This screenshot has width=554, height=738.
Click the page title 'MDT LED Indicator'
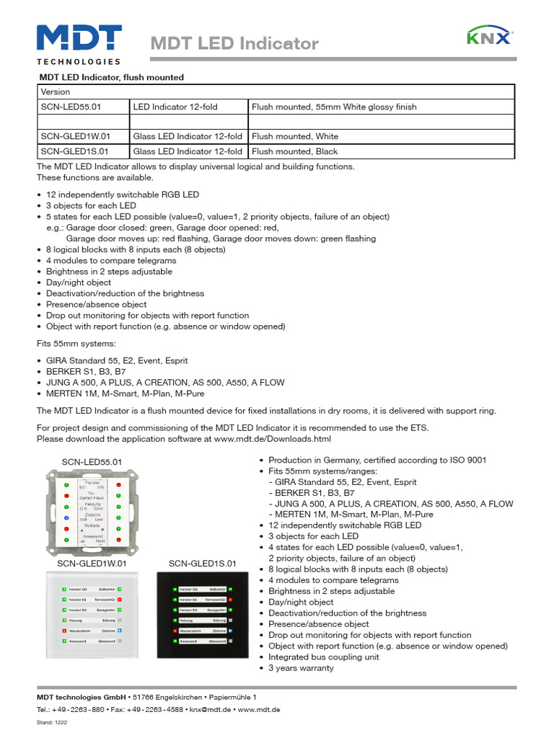pos(234,44)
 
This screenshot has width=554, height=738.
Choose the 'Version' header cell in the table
pos(56,92)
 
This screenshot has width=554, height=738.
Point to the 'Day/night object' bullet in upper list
pos(79,283)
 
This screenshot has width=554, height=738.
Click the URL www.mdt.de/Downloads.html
pos(272,438)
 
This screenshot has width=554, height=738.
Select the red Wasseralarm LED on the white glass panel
pos(63,630)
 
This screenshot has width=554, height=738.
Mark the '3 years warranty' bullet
pos(301,668)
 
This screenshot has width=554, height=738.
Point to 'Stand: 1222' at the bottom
pos(52,722)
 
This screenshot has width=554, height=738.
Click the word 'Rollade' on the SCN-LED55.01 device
pos(92,525)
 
